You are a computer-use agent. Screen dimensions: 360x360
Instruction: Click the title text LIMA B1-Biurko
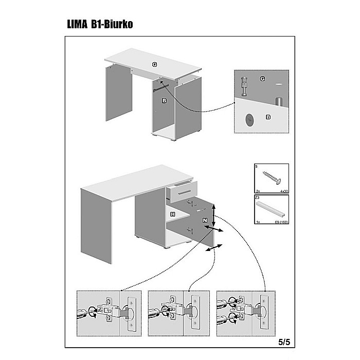(100, 24)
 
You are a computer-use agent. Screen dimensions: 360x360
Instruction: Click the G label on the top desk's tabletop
(154, 64)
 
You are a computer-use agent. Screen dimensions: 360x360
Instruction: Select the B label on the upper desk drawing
(164, 101)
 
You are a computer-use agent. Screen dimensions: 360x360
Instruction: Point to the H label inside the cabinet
(173, 213)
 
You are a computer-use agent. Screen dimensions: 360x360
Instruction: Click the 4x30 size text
(282, 191)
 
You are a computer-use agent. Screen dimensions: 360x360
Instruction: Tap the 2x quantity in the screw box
(259, 191)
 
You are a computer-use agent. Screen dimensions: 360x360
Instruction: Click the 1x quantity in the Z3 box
(259, 223)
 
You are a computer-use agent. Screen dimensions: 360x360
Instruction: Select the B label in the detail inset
(268, 117)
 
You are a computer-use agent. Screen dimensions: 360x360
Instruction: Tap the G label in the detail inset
(262, 79)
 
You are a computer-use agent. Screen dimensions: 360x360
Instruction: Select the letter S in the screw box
(257, 167)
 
